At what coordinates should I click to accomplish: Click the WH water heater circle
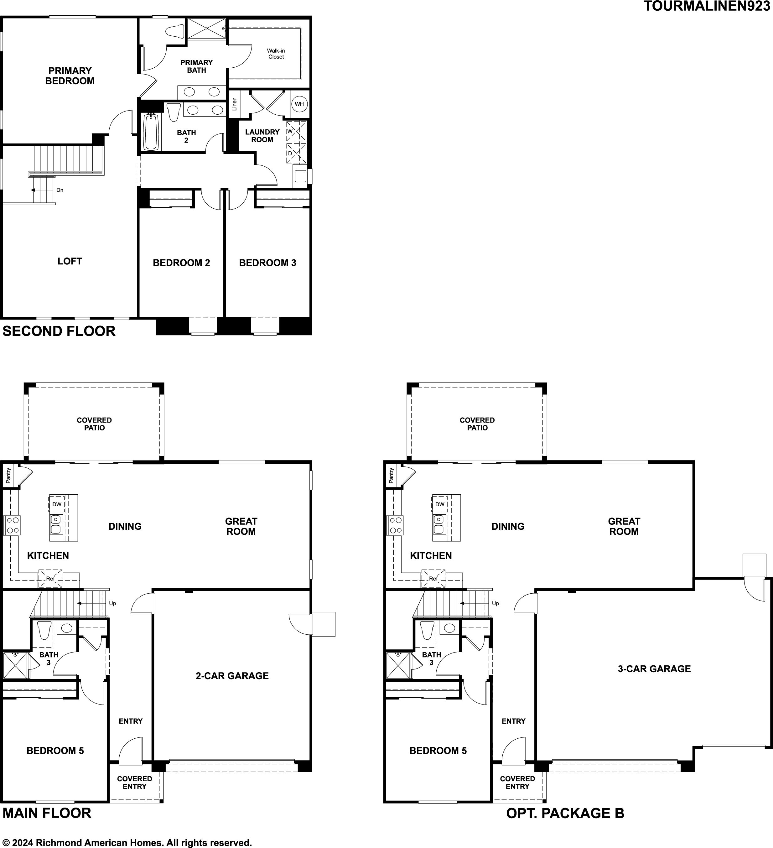coord(299,104)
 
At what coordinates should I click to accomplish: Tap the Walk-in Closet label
coord(276,54)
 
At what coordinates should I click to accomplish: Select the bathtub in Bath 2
coord(151,132)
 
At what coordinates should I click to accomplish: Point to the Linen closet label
coord(235,104)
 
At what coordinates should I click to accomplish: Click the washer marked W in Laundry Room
coord(297,131)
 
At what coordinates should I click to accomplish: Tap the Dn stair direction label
coord(60,190)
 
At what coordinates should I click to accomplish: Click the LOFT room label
coord(70,261)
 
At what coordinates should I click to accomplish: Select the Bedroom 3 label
coord(267,263)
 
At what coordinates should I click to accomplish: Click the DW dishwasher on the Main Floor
coord(57,504)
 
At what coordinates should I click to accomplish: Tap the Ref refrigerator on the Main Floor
coord(50,578)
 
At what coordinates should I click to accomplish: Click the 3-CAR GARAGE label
coord(654,669)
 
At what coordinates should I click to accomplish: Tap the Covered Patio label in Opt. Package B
coord(477,424)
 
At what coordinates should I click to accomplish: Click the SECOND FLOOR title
coord(59,331)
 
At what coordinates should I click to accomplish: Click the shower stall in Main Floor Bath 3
coord(15,665)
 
